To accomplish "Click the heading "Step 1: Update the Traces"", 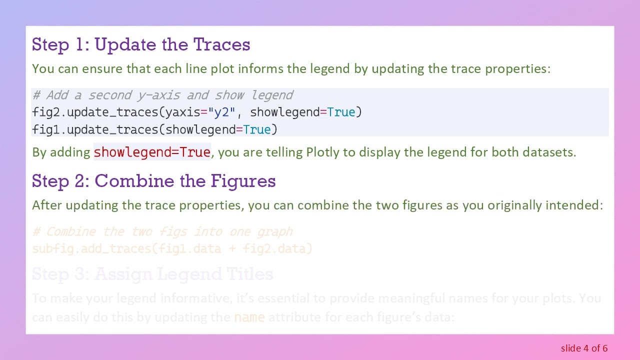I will click(x=141, y=44).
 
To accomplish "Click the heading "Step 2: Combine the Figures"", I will click(x=153, y=181).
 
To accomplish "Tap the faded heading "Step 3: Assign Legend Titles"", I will click(x=152, y=274).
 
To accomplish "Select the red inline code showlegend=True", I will click(x=152, y=152).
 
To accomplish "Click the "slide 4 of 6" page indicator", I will click(x=584, y=348).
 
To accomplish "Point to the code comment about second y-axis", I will click(x=162, y=95).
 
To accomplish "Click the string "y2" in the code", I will click(x=221, y=112).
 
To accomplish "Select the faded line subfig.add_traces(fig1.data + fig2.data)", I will click(x=172, y=248).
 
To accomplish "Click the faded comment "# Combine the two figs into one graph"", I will click(x=162, y=232).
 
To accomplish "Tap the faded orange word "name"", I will click(x=249, y=317).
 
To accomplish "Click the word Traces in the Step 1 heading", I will click(x=221, y=44).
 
